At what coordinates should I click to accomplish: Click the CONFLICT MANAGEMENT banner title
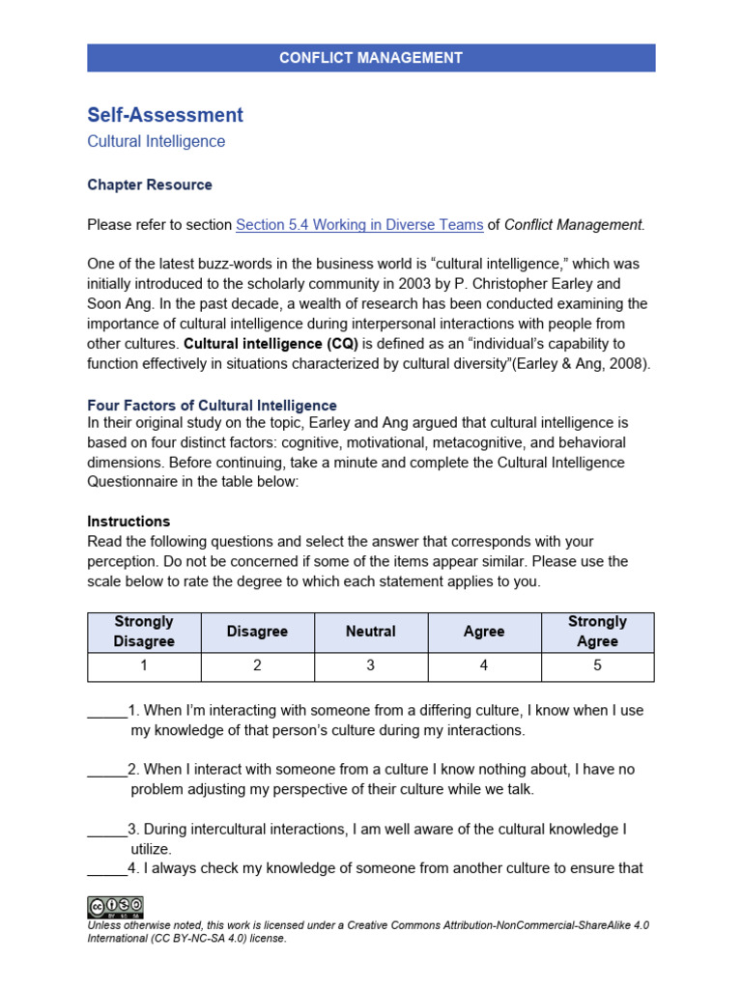pos(371,58)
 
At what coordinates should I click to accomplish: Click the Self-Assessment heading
pos(165,115)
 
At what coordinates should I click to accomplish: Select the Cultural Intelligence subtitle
pos(156,141)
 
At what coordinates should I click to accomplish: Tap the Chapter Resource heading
pos(150,184)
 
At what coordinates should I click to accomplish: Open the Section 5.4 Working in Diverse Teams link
pos(359,225)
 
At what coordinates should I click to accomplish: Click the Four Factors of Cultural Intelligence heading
pos(212,406)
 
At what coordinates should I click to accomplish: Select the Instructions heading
pos(128,522)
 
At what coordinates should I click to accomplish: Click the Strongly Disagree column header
pos(144,632)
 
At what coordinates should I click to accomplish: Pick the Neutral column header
pos(371,632)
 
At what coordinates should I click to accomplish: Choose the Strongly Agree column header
pos(597,632)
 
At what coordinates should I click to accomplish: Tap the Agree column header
pos(484,632)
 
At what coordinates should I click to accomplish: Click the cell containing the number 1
pos(144,665)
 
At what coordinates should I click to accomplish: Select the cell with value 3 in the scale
pos(371,665)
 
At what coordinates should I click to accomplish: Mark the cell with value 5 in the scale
pos(597,665)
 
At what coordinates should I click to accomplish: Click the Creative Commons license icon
pos(115,907)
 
